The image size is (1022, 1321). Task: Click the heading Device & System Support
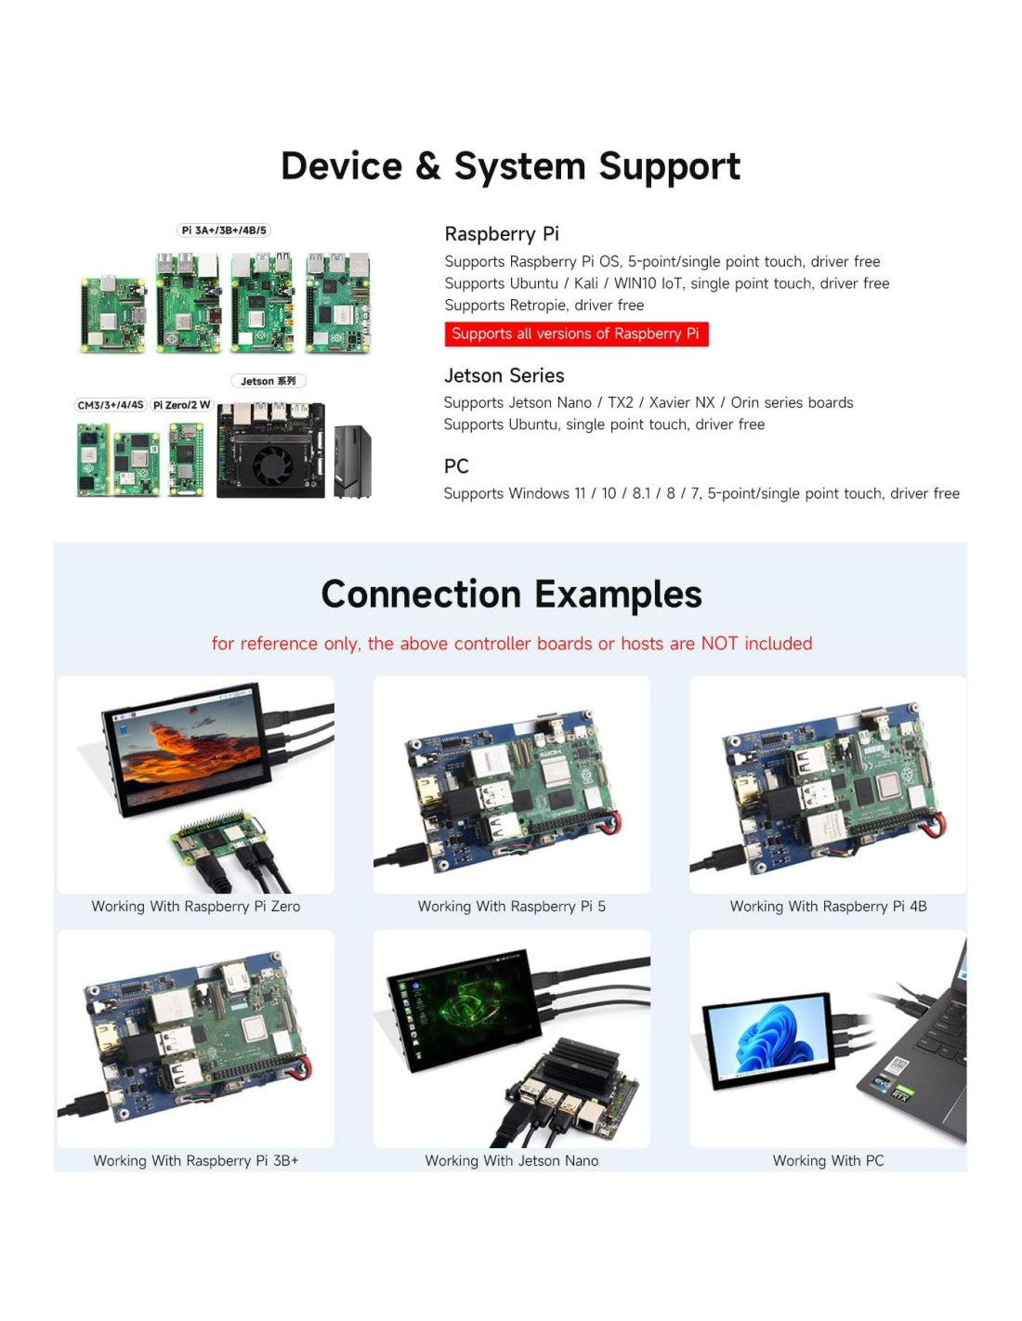pyautogui.click(x=510, y=166)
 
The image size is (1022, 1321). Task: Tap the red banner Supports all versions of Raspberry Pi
pyautogui.click(x=576, y=334)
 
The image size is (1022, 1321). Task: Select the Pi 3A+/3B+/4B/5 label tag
pyautogui.click(x=224, y=230)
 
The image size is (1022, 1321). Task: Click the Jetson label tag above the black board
pyautogui.click(x=268, y=381)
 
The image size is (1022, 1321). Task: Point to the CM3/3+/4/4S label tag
pyautogui.click(x=111, y=405)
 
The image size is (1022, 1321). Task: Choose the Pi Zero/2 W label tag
pyautogui.click(x=181, y=405)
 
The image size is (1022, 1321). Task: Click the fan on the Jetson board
pyautogui.click(x=272, y=464)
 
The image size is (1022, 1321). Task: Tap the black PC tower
pyautogui.click(x=352, y=461)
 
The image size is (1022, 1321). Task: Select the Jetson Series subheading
pyautogui.click(x=504, y=375)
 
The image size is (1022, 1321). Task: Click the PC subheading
pyautogui.click(x=456, y=466)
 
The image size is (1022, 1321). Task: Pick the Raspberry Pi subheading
pyautogui.click(x=502, y=234)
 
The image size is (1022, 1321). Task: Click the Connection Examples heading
pyautogui.click(x=511, y=595)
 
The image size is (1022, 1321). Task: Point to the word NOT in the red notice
pyautogui.click(x=720, y=644)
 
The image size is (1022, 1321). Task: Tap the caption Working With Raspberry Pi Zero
pyautogui.click(x=196, y=907)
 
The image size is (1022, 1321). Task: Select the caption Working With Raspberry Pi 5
pyautogui.click(x=511, y=907)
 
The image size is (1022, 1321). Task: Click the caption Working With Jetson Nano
pyautogui.click(x=511, y=1160)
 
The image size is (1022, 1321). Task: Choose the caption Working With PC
pyautogui.click(x=828, y=1160)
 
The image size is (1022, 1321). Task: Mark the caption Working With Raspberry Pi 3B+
pyautogui.click(x=196, y=1160)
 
